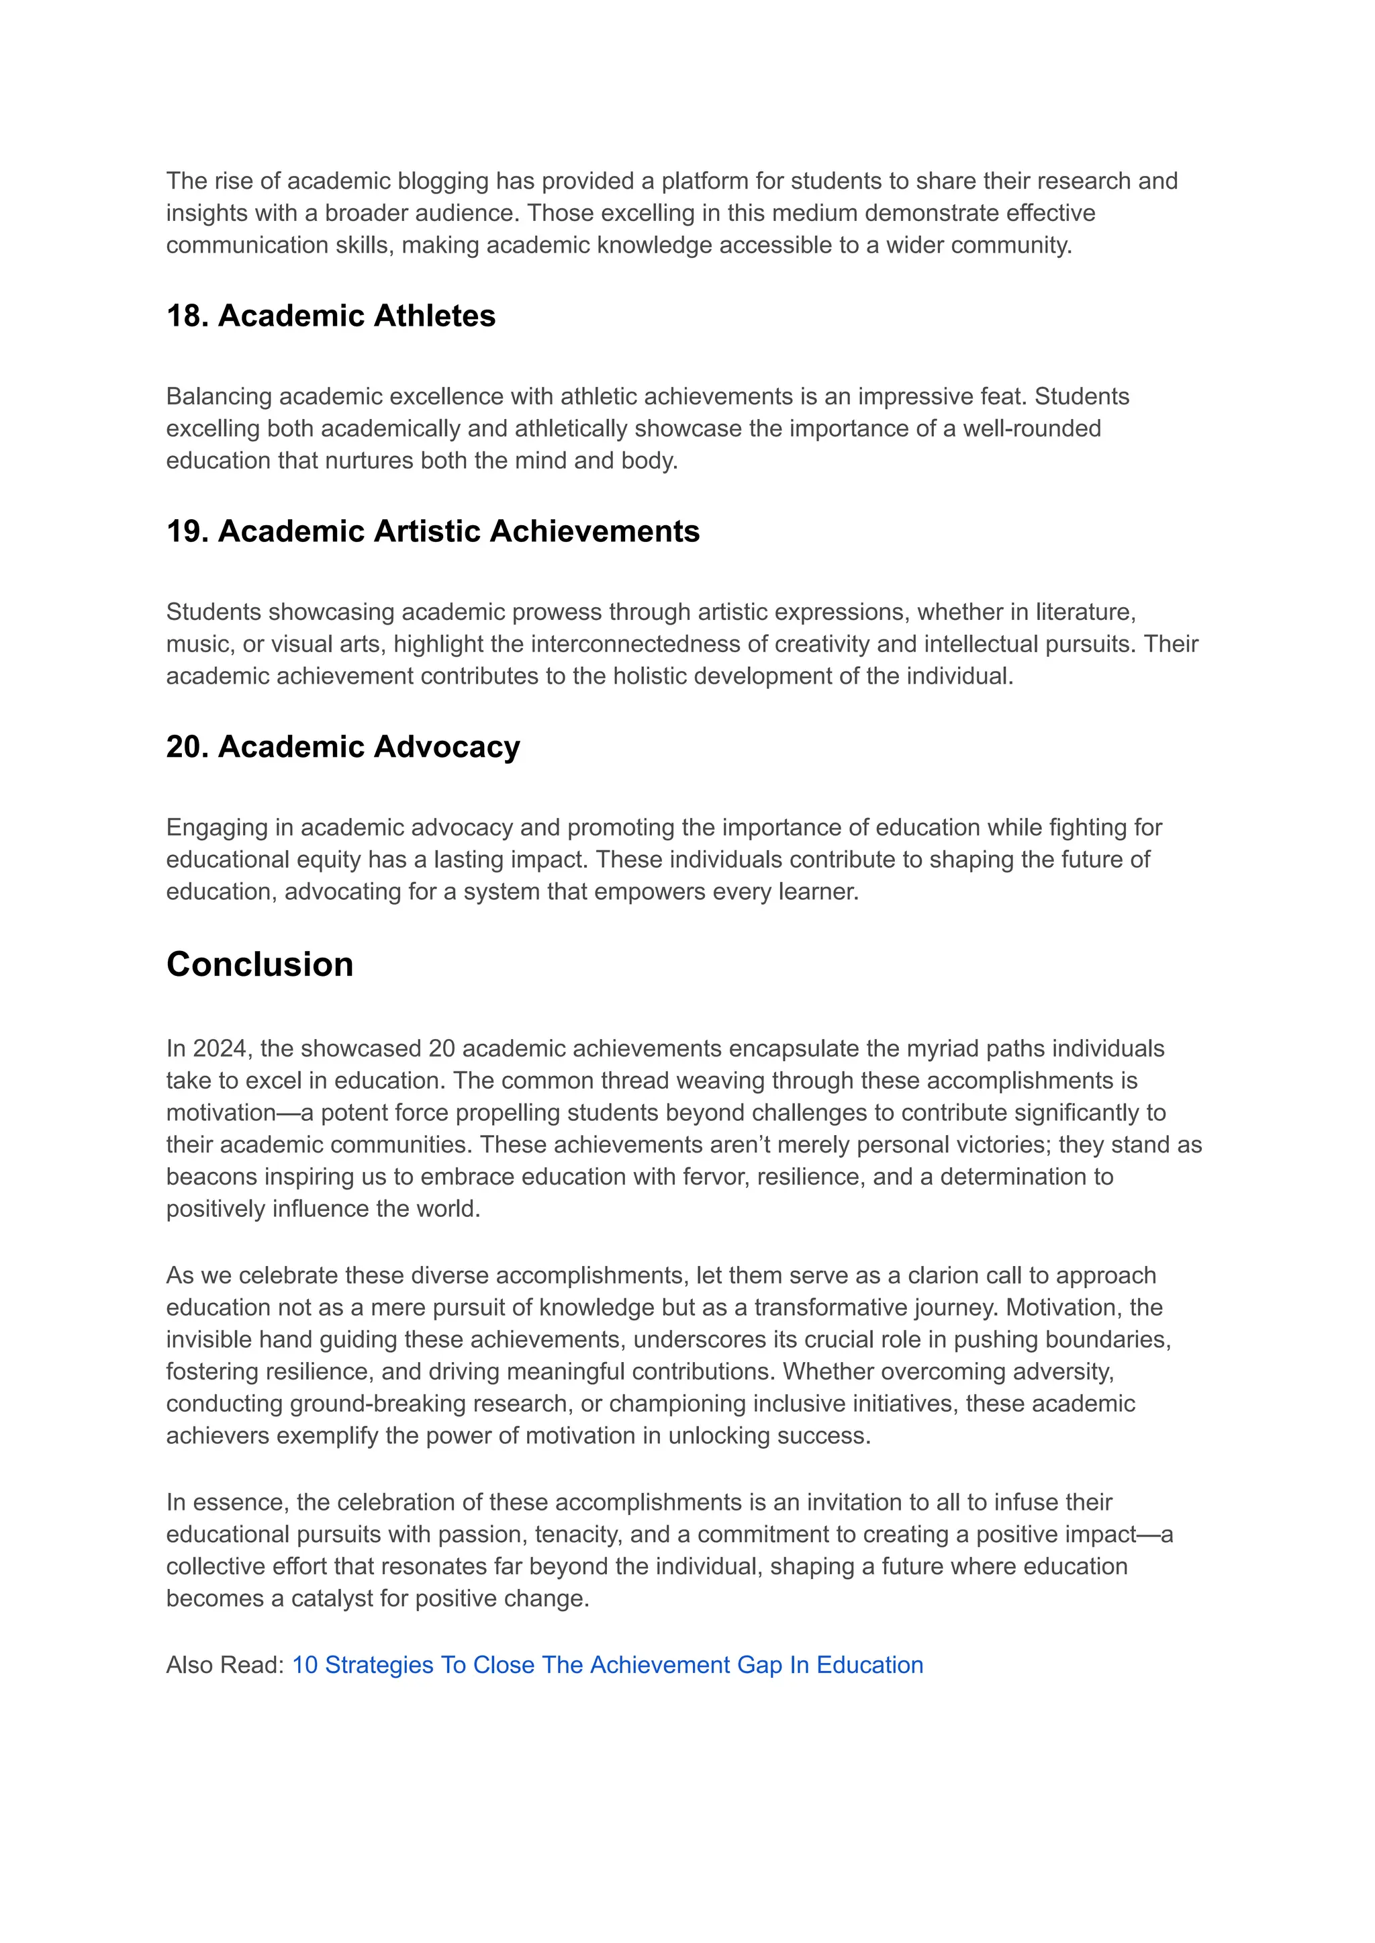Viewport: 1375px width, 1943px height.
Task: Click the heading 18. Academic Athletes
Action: click(330, 316)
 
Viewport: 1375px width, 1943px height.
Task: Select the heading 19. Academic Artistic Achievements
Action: click(432, 531)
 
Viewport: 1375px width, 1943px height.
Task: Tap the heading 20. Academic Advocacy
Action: click(343, 746)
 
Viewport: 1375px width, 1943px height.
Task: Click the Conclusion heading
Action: click(259, 964)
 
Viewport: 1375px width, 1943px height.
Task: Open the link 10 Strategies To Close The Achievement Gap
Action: click(607, 1664)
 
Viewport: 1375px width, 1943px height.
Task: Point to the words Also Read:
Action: click(224, 1664)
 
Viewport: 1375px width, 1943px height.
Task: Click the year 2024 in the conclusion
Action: click(218, 1048)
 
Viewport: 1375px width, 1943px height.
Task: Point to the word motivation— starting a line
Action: click(228, 1112)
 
